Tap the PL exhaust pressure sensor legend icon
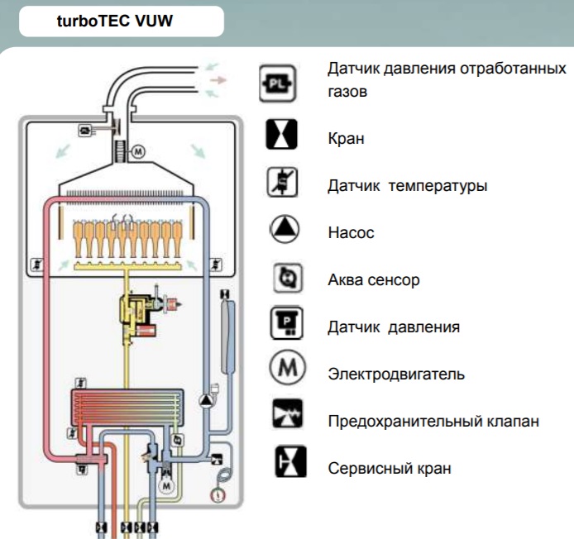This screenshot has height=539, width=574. (x=277, y=83)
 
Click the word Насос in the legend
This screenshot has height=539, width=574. (x=351, y=233)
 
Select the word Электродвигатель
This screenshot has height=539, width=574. (x=396, y=374)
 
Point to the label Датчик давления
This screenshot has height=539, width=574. (x=393, y=327)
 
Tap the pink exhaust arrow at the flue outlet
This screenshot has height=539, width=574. (x=218, y=80)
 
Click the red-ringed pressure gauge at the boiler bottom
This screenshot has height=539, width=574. (x=218, y=494)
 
